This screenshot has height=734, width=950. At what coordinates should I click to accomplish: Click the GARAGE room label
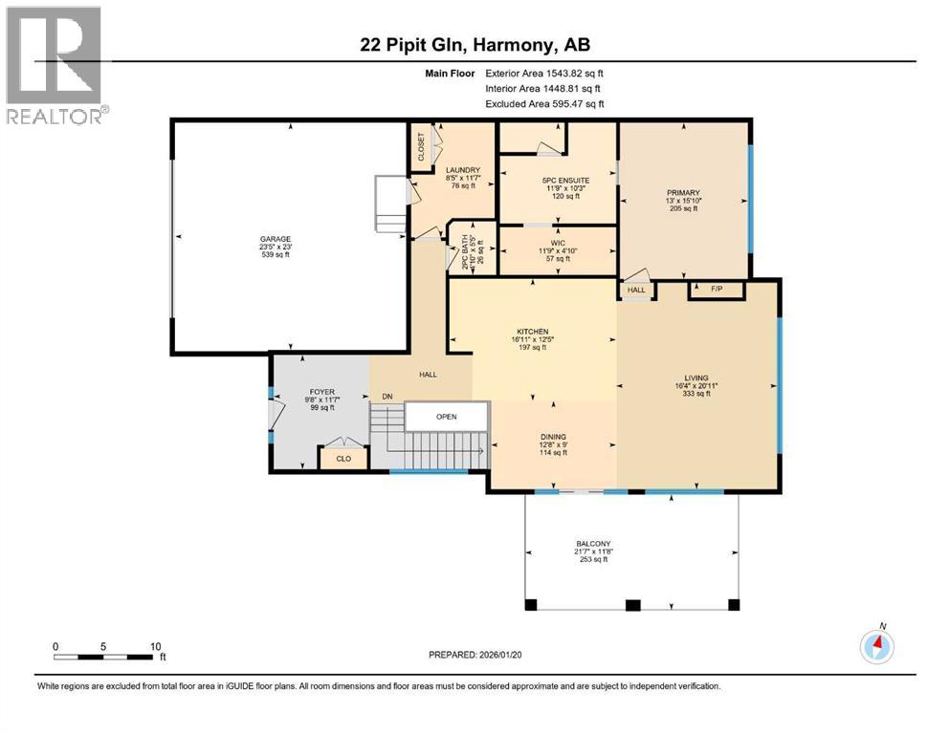[276, 239]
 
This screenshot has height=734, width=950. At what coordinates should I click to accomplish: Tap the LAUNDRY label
[463, 171]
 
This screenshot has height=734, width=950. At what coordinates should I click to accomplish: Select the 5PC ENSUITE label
[565, 181]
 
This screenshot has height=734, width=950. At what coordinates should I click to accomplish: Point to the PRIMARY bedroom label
[683, 193]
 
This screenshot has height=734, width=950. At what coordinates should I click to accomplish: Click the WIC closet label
[558, 244]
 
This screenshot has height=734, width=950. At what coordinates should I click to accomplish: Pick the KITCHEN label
[533, 332]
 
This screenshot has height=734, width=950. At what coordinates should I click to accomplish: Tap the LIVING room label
[696, 378]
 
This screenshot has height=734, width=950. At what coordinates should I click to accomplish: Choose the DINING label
[553, 437]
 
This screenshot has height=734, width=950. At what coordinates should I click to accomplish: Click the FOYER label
[321, 392]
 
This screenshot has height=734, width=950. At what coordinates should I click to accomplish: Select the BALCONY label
[593, 544]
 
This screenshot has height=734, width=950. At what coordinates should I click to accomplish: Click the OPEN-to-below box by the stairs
[447, 417]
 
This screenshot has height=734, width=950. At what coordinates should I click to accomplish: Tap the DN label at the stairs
[387, 397]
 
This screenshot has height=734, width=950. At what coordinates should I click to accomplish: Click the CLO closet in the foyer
[343, 458]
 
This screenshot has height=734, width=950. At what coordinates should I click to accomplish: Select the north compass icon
[876, 646]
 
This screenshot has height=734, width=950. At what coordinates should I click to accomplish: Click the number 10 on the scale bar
[156, 646]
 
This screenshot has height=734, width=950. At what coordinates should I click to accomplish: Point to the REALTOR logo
[55, 65]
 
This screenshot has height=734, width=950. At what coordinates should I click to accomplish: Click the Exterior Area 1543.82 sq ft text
[544, 74]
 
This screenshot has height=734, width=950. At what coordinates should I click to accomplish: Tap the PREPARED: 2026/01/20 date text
[475, 655]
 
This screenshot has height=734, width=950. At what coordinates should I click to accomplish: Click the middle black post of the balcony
[632, 605]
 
